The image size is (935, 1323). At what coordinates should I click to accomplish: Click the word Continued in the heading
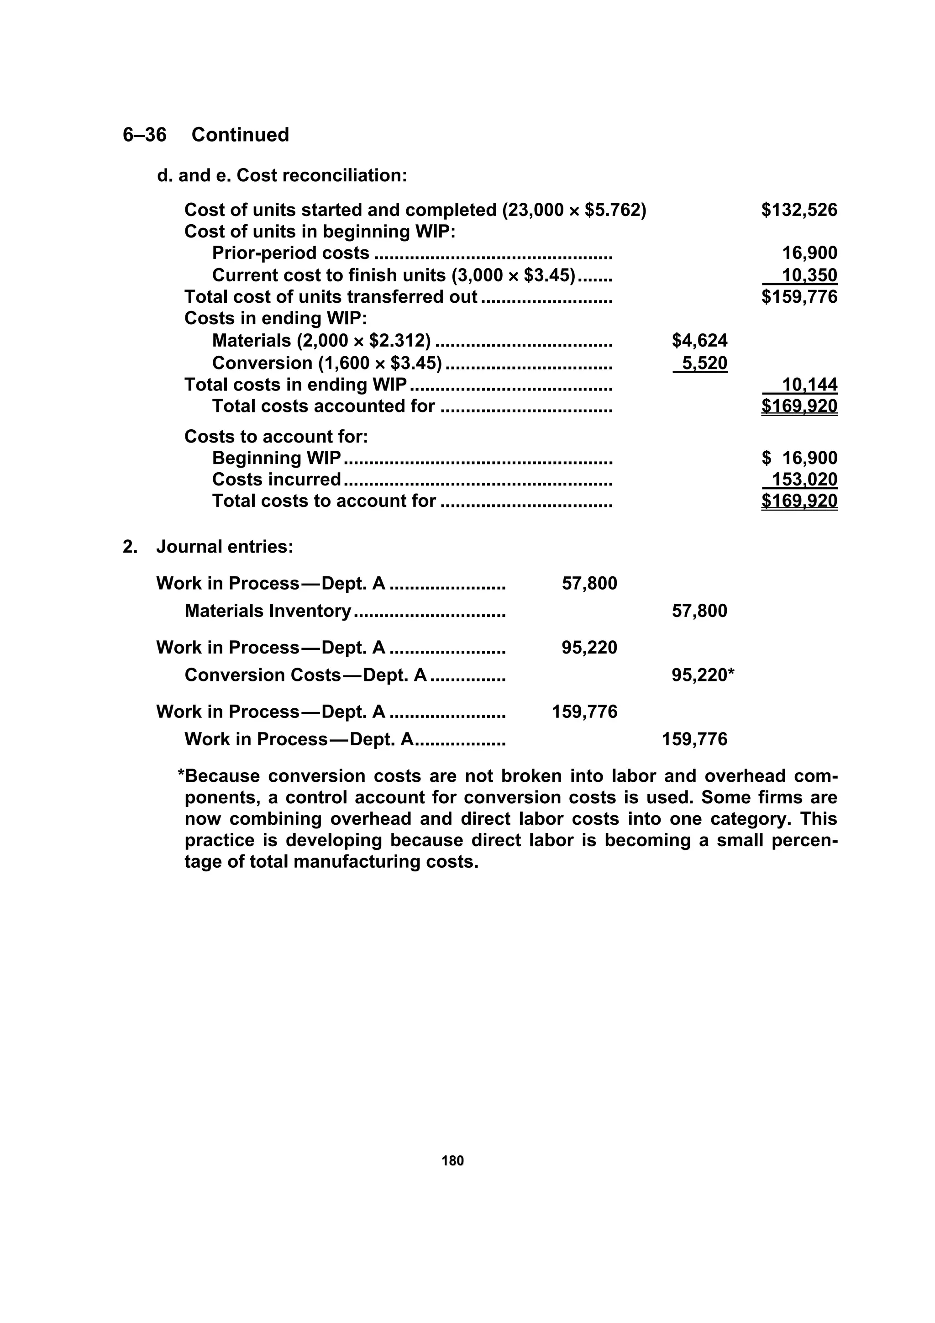[240, 135]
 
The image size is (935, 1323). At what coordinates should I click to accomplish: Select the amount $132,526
[798, 210]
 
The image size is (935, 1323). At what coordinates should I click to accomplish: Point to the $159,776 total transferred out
[798, 297]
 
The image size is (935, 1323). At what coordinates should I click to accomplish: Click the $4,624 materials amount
[699, 341]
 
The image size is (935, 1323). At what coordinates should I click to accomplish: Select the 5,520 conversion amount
[704, 363]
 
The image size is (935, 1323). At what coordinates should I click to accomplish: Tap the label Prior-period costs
[290, 253]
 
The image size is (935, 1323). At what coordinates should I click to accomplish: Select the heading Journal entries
[225, 546]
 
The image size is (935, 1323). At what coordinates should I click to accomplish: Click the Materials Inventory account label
[268, 611]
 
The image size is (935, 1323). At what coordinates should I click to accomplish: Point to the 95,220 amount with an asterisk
[702, 675]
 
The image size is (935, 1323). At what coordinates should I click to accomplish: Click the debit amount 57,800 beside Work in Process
[589, 584]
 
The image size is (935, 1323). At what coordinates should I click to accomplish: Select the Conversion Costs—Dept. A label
[305, 675]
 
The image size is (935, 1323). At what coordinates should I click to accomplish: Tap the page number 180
[452, 1161]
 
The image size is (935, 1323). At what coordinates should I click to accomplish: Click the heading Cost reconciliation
[321, 175]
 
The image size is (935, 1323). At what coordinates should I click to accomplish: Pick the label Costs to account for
[276, 437]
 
